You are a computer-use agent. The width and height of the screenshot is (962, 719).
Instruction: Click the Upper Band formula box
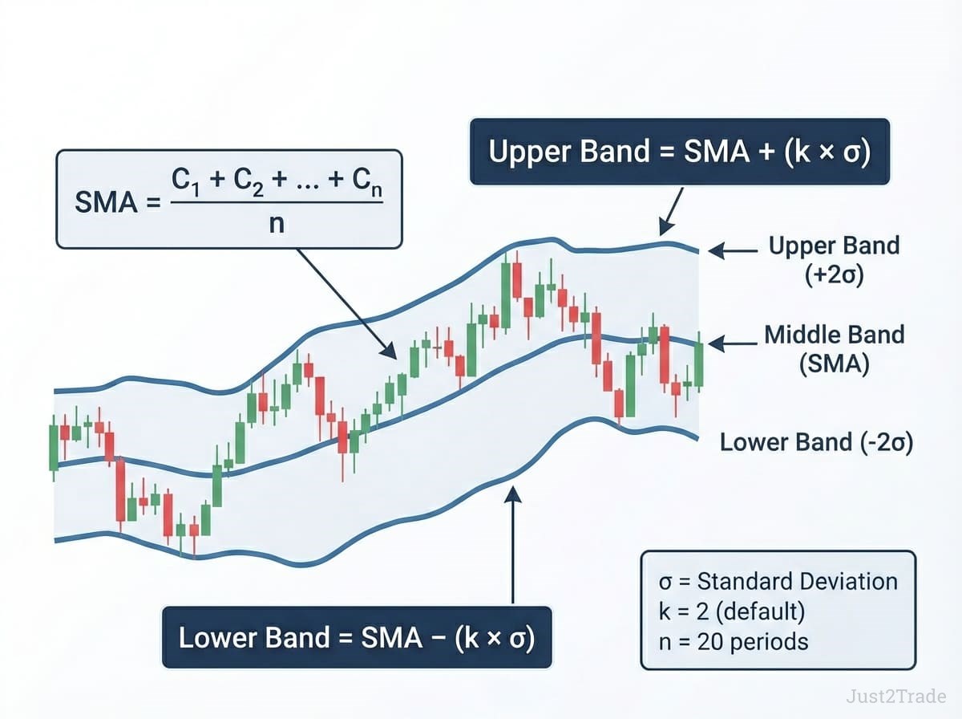[x=680, y=152]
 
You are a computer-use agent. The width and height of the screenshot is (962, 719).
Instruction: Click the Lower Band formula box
[x=357, y=637]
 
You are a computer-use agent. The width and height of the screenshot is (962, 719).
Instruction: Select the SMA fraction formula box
[x=229, y=199]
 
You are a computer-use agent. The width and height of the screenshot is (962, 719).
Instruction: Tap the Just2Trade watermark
[x=895, y=697]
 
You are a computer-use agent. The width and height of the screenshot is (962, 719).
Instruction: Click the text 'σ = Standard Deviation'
[x=778, y=582]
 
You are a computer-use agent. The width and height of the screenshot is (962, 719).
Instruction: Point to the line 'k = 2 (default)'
[x=731, y=611]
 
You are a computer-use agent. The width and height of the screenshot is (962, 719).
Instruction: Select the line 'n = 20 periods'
[x=734, y=642]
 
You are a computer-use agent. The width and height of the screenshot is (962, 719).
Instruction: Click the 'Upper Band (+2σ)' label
[x=834, y=261]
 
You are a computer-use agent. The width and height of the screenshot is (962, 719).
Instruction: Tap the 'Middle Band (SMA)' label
[x=835, y=349]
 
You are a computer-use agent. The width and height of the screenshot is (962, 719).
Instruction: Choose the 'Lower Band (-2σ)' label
[x=816, y=442]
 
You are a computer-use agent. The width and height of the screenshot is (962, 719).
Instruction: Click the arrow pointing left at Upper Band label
[x=733, y=251]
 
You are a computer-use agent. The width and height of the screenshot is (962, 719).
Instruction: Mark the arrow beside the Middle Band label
[x=733, y=343]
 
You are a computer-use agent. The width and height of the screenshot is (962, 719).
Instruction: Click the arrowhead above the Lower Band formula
[x=512, y=493]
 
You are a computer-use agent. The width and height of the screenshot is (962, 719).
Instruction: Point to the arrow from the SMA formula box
[x=346, y=304]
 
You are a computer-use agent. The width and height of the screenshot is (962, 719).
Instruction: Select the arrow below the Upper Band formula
[x=670, y=212]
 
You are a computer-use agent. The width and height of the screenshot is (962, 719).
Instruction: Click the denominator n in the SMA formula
[x=277, y=223]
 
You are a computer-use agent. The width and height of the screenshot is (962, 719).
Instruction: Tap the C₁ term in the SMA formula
[x=185, y=181]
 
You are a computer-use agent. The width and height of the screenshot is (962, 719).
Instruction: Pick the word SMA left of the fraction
[x=106, y=202]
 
